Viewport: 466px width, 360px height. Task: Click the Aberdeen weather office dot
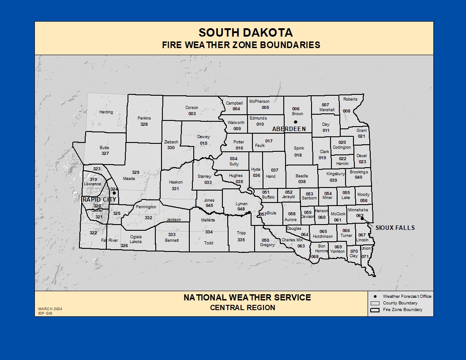click(x=296, y=122)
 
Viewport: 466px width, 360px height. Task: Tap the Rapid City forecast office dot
click(x=113, y=193)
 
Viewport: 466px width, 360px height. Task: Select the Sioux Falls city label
click(x=395, y=228)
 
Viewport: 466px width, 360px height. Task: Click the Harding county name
click(x=106, y=112)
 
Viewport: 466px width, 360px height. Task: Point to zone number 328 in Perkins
click(x=144, y=124)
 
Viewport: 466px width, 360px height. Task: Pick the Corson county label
click(x=192, y=108)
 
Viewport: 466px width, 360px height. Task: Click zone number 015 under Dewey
click(x=203, y=143)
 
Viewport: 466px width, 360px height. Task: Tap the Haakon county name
click(x=175, y=182)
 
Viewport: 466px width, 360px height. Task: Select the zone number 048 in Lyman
click(x=241, y=209)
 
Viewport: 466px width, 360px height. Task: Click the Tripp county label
click(x=241, y=233)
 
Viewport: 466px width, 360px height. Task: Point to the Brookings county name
click(x=359, y=172)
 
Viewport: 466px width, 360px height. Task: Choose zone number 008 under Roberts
click(x=346, y=111)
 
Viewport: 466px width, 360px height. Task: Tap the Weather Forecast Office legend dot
click(x=375, y=296)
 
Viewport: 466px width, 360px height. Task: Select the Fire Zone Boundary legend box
click(x=375, y=310)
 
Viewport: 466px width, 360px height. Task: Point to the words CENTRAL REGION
click(x=242, y=307)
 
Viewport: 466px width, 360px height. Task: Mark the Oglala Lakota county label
click(x=136, y=239)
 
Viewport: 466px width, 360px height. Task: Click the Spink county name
click(x=299, y=148)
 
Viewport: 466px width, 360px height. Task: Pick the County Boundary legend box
click(x=375, y=303)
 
